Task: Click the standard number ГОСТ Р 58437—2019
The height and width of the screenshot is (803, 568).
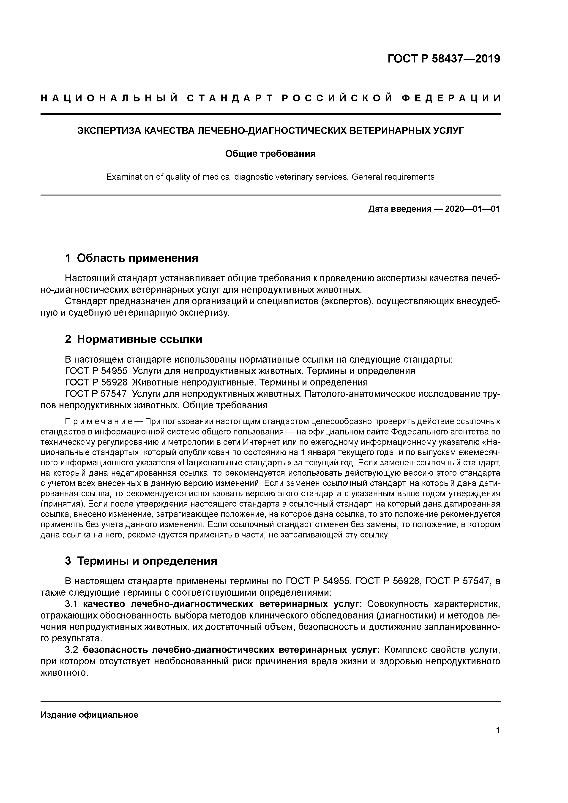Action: (x=444, y=59)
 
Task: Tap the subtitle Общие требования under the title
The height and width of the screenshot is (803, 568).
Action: (x=270, y=154)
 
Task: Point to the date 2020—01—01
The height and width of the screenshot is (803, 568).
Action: (x=472, y=209)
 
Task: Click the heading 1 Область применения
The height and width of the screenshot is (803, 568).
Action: (x=132, y=258)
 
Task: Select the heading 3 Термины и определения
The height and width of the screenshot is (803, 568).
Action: (x=141, y=561)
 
